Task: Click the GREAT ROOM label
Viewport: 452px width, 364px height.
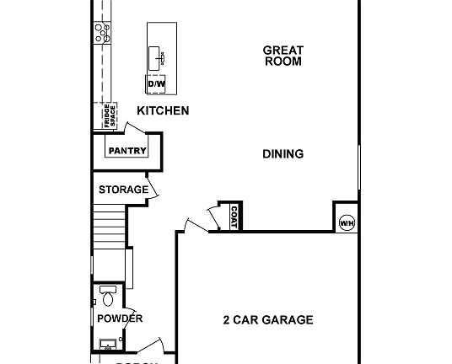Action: coord(282,56)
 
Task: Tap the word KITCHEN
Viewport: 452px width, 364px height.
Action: coord(163,110)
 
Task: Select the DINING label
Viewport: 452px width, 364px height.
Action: coord(282,154)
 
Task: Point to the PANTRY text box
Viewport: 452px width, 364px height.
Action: coord(127,151)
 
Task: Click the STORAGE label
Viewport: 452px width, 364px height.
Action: coord(123,190)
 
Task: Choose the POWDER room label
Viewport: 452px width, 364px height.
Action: coord(120,318)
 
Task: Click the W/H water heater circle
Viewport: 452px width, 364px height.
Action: coord(347,222)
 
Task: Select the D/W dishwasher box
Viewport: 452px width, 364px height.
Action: coord(157,84)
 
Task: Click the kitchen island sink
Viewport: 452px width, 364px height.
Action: coord(158,56)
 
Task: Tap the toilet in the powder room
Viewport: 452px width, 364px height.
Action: coord(106,296)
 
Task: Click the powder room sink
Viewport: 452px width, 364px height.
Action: coord(107,344)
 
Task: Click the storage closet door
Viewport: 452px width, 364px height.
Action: coord(153,187)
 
